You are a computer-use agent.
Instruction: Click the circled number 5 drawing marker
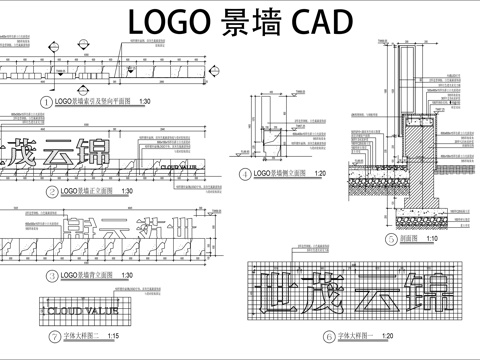coord(391,239)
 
